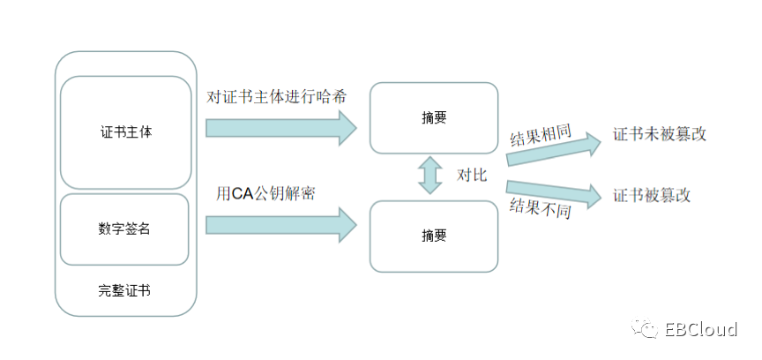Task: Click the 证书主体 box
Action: pos(125,132)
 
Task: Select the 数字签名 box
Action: pos(125,229)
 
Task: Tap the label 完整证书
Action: pos(125,289)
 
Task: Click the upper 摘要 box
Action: pos(434,118)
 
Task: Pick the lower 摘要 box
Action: pos(434,236)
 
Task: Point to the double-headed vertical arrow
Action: pos(431,176)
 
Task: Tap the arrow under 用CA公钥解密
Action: pos(280,225)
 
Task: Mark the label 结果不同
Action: pos(541,210)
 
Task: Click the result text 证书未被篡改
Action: pos(660,134)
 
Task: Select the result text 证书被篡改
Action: pos(652,194)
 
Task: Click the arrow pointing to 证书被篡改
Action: pos(554,188)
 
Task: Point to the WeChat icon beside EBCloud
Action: pos(648,329)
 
